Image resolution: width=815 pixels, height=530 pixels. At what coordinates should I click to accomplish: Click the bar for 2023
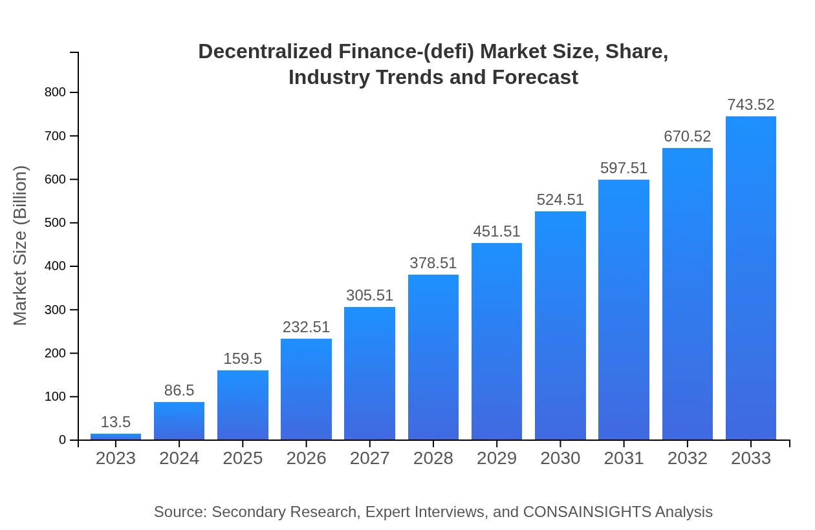[x=116, y=436]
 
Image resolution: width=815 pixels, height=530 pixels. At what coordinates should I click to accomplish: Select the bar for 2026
[x=306, y=389]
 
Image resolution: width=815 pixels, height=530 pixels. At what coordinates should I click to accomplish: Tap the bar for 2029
[x=497, y=341]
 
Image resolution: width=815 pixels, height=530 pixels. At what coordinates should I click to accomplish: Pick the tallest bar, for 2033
[x=750, y=278]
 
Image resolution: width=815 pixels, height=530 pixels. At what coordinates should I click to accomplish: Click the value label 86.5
[x=179, y=390]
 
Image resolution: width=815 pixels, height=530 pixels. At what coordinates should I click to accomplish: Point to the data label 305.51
[x=369, y=295]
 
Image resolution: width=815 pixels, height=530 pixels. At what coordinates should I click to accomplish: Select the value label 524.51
[x=560, y=200]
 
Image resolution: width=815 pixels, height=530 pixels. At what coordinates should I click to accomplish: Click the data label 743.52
[x=750, y=105]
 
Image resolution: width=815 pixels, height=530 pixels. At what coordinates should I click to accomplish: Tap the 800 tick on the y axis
[x=56, y=92]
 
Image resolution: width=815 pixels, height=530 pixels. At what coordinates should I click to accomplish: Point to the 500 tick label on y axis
[x=56, y=223]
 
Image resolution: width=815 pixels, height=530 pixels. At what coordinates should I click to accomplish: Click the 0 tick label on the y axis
[x=63, y=440]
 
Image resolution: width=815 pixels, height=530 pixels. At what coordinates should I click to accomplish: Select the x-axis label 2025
[x=243, y=458]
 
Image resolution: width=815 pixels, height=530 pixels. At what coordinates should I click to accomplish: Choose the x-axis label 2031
[x=624, y=458]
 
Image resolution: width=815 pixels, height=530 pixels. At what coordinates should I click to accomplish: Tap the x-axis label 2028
[x=433, y=458]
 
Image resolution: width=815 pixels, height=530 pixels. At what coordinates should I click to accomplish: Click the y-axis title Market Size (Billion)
[x=21, y=246]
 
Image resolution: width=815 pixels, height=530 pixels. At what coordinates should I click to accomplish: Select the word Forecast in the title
[x=534, y=77]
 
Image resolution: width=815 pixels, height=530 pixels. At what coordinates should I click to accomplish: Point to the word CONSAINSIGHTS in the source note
[x=587, y=512]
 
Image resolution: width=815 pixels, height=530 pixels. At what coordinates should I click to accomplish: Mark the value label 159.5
[x=243, y=359]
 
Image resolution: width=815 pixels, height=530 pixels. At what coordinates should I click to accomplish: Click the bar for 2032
[x=687, y=294]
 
